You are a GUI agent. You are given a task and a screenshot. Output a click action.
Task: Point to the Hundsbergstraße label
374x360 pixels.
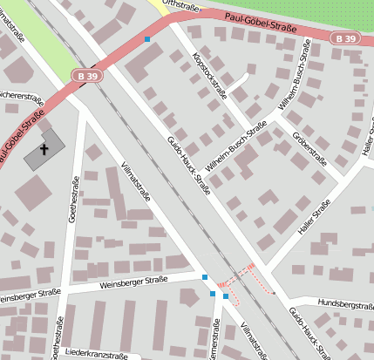345,304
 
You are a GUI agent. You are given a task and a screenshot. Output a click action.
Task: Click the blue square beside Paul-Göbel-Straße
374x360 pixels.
147,39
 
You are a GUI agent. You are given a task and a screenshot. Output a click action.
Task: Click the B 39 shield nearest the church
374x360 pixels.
87,77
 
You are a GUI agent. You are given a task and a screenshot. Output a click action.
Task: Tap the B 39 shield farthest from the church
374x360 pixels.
344,38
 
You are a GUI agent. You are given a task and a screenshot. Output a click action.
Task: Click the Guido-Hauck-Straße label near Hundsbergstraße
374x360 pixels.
309,331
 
